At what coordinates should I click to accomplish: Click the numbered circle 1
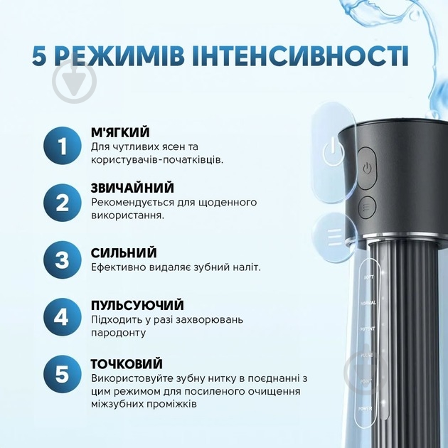[x=63, y=146]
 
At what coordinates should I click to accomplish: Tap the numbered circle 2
[x=63, y=203]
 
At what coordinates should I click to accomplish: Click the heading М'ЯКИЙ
[x=120, y=132]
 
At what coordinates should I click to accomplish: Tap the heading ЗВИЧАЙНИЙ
[x=132, y=188]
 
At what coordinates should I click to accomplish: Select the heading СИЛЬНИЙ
[x=124, y=252]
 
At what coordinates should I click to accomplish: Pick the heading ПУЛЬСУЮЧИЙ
[x=137, y=305]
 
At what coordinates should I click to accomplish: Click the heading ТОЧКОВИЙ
[x=127, y=363]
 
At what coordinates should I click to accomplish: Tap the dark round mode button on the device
[x=366, y=205]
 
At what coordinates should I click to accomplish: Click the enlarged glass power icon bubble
[x=331, y=149]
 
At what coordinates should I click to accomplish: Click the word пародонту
[x=119, y=333]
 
